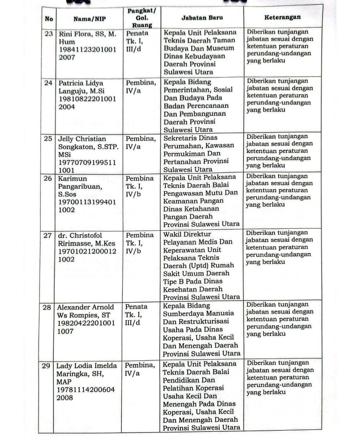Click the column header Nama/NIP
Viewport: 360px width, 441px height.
[89, 19]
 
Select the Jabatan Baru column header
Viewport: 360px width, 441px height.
[202, 18]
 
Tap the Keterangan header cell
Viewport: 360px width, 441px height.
[282, 17]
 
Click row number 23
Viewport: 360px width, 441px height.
[49, 34]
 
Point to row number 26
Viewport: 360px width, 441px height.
[48, 179]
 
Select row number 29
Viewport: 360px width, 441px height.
[46, 366]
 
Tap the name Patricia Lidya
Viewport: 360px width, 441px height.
[81, 83]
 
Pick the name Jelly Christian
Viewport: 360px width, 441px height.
[82, 139]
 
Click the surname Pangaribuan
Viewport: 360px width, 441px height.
[80, 186]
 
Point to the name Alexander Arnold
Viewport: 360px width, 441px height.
[85, 307]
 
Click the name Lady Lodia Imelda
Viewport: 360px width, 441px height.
[87, 366]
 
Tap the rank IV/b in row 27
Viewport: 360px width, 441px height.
[133, 251]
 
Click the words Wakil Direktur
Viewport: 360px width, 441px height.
[187, 234]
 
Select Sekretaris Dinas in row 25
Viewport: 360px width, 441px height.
[190, 138]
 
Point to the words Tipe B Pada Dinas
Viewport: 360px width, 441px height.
[193, 281]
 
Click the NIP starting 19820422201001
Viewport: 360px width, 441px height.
[86, 323]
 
